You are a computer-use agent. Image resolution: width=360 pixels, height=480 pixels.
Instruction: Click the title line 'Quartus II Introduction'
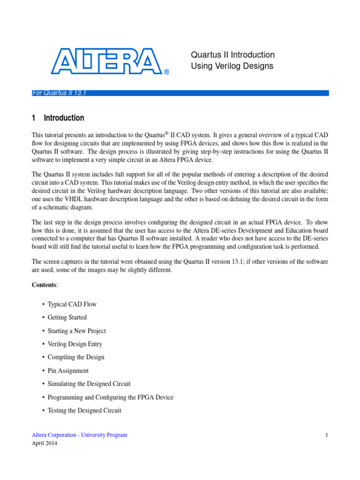[232, 55]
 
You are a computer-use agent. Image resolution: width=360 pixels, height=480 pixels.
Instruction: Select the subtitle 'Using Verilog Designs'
[232, 66]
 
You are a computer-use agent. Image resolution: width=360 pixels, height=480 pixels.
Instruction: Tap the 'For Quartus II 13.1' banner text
[59, 93]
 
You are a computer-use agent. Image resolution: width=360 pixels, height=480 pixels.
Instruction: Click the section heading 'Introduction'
[64, 118]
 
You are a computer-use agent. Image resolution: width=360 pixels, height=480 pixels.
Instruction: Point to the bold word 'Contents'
[44, 285]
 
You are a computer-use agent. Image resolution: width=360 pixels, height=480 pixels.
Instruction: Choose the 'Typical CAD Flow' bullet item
[72, 304]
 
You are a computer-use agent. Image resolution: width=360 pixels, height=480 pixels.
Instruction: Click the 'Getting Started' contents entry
[67, 317]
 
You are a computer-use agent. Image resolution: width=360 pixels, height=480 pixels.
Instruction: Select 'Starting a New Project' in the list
[76, 331]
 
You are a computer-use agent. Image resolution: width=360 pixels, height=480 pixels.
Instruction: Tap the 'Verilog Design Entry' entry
[75, 344]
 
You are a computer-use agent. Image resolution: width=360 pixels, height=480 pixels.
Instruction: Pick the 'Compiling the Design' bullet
[76, 357]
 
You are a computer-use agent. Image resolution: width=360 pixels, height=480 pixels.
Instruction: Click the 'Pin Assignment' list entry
[68, 371]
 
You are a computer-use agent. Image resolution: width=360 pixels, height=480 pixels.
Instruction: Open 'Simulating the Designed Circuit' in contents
[89, 384]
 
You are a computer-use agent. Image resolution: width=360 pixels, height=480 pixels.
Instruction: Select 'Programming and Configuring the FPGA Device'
[110, 397]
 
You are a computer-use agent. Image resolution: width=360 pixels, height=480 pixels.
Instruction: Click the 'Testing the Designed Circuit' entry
[84, 411]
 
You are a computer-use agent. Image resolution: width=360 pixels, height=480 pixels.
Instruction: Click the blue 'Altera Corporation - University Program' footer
[79, 435]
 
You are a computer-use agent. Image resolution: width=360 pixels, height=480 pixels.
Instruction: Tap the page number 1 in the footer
[326, 435]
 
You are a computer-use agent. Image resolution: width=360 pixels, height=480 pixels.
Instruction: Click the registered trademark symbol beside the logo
[166, 72]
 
